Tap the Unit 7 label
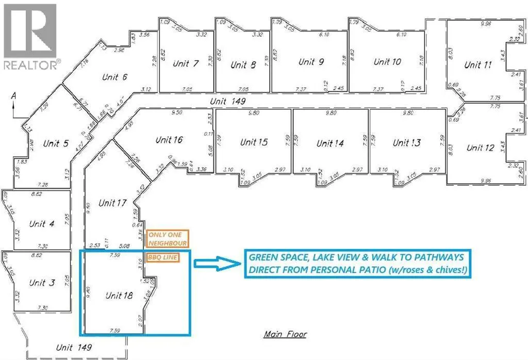pyautogui.click(x=186, y=64)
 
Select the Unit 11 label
pyautogui.click(x=479, y=65)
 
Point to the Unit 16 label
pyautogui.click(x=169, y=140)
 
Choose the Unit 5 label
pyautogui.click(x=56, y=144)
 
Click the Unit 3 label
pyautogui.click(x=42, y=283)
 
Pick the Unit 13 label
pyautogui.click(x=407, y=143)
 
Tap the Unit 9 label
pyautogui.click(x=311, y=62)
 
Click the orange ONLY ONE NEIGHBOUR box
pyautogui.click(x=168, y=238)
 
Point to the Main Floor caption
pyautogui.click(x=285, y=334)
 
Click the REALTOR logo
pyautogui.click(x=31, y=36)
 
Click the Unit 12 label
pyautogui.click(x=480, y=148)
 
